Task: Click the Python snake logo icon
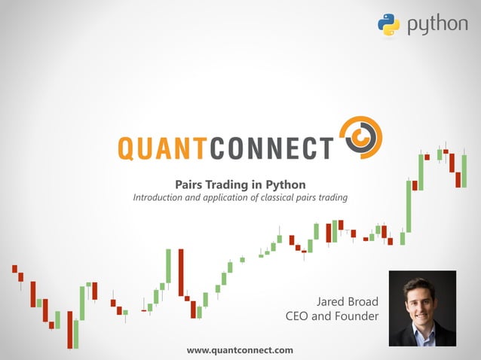point(388,24)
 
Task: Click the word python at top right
point(437,25)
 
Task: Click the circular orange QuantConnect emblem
point(360,139)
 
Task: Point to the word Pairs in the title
point(190,184)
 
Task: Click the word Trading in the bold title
point(232,184)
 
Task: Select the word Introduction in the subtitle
point(162,198)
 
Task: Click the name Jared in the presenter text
point(334,301)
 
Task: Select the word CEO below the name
point(297,316)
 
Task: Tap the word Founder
point(356,316)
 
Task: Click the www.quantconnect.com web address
point(240,350)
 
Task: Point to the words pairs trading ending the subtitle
point(323,198)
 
